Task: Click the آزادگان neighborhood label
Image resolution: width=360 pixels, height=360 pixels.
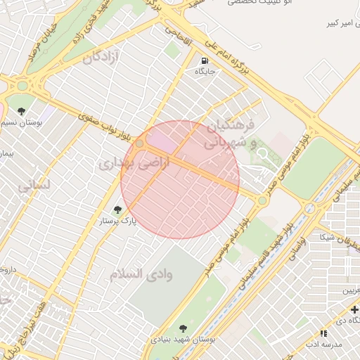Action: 101,57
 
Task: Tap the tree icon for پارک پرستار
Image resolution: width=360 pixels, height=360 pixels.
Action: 117,209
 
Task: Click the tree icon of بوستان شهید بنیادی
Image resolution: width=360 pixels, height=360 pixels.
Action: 183,328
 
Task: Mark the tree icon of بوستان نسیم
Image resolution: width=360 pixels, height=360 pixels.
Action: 22,112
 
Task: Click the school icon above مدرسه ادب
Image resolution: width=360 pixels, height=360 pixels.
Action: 323,333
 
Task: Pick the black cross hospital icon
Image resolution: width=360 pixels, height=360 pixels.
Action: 354,309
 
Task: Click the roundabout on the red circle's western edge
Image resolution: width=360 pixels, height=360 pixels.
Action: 140,143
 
